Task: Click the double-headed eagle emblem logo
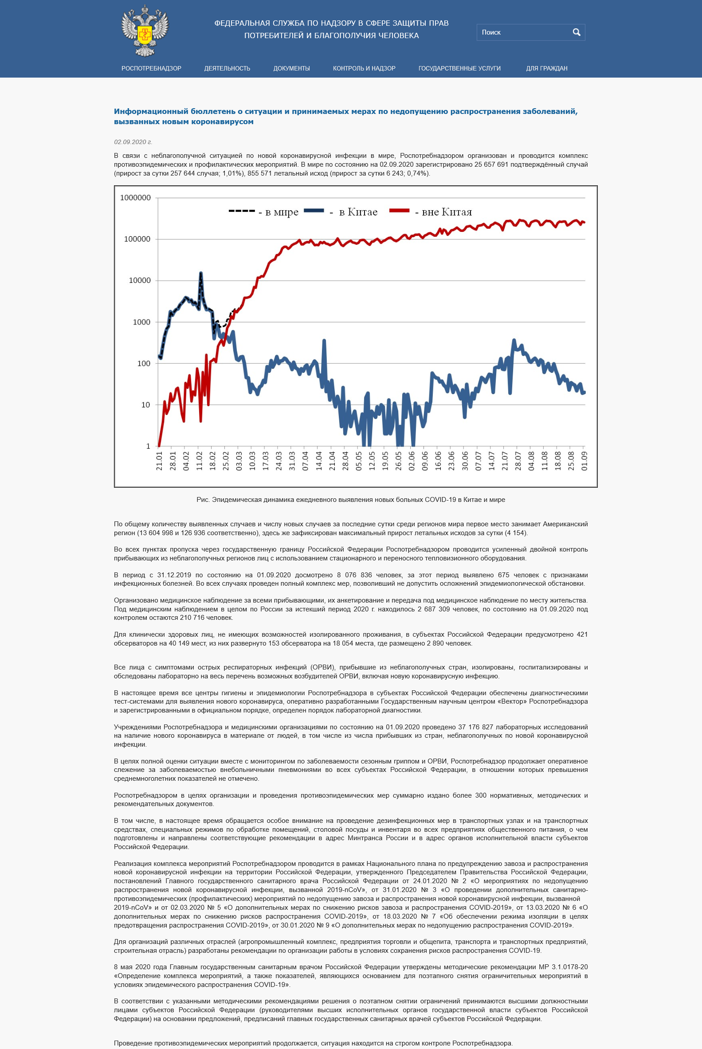coord(145,31)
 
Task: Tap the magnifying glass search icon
coord(576,32)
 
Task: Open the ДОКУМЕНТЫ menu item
coord(291,68)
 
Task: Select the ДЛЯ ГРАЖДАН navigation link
coord(546,68)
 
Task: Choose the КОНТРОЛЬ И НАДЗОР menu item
coord(364,68)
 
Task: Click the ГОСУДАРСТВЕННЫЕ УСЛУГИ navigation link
coord(459,68)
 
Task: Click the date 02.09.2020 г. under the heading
coord(133,142)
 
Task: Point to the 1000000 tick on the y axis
coord(135,198)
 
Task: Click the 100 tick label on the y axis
coord(143,364)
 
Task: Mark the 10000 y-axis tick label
coord(140,281)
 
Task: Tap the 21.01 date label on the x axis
coord(159,461)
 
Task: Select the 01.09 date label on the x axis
coord(584,461)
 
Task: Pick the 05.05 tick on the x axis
coord(359,461)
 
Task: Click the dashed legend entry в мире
coord(264,211)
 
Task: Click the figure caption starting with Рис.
coord(350,499)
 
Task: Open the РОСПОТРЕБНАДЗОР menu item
coord(151,68)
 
